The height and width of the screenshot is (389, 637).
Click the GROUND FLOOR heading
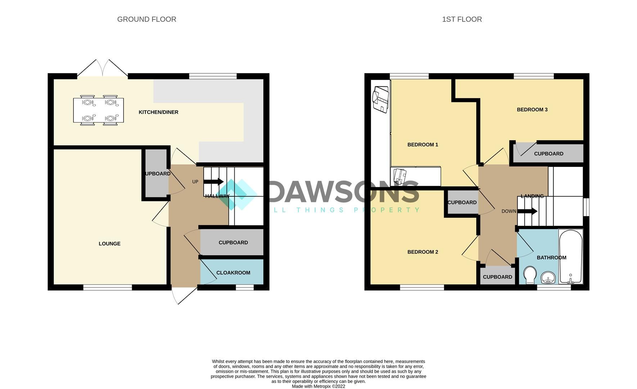click(x=146, y=19)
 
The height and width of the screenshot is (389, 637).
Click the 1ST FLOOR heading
click(x=462, y=19)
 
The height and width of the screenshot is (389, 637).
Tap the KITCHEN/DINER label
click(x=158, y=112)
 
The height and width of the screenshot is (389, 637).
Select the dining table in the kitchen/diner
click(x=98, y=110)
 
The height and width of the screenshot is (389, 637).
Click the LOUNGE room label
click(x=109, y=244)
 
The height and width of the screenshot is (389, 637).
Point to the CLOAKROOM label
click(x=233, y=273)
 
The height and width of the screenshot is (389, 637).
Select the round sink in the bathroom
click(x=548, y=277)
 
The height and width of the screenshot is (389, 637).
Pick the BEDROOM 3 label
click(x=532, y=110)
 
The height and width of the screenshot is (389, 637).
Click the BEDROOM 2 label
click(x=423, y=252)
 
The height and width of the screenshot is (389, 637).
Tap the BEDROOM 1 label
click(x=423, y=145)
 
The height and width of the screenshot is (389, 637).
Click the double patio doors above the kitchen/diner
click(x=103, y=68)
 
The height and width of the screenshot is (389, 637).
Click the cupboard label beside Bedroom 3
click(x=548, y=154)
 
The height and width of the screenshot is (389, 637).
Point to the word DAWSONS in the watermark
click(x=344, y=192)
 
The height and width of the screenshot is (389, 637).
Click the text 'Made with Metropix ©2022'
click(x=318, y=386)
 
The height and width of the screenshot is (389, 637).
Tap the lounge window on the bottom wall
click(x=108, y=287)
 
